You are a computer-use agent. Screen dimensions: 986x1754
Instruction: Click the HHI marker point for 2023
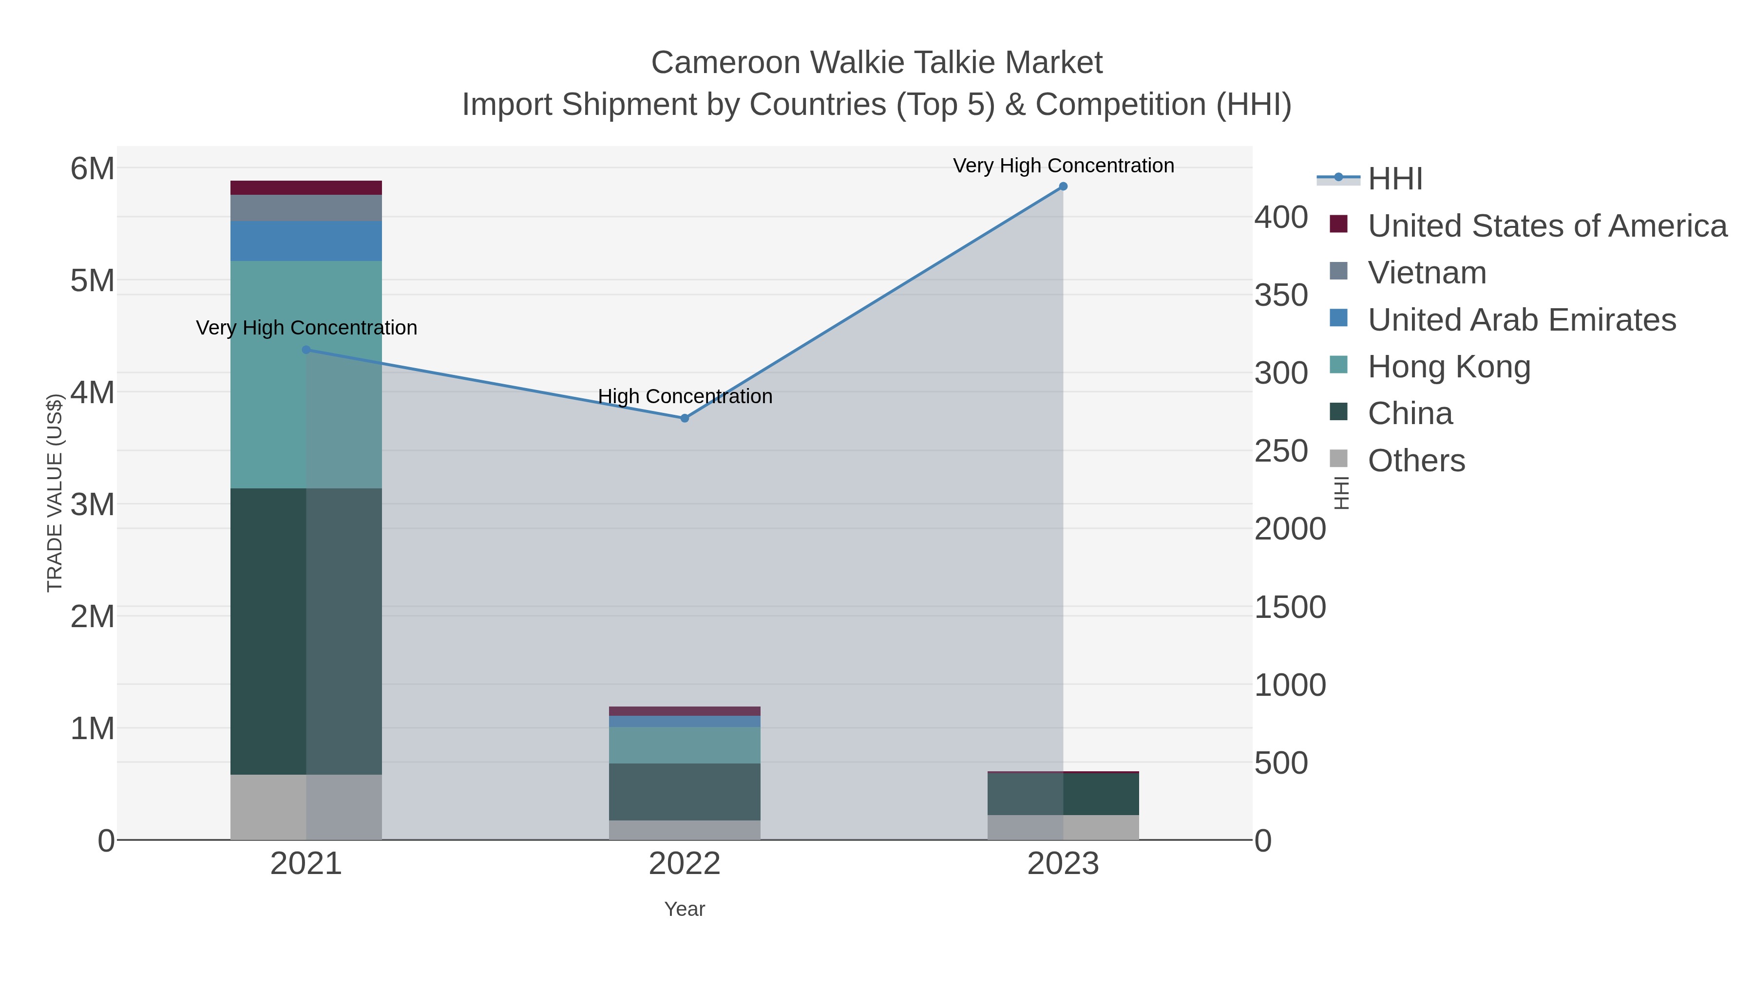click(1063, 186)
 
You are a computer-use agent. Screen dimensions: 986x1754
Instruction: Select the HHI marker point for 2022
click(685, 418)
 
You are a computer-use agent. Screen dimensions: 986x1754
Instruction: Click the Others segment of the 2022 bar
click(685, 830)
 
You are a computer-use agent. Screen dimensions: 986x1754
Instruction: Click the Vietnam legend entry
click(1427, 273)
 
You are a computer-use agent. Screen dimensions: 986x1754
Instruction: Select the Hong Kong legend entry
click(1449, 367)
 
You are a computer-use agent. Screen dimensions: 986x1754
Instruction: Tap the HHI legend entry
click(1394, 179)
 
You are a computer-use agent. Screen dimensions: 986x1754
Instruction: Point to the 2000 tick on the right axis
click(1290, 529)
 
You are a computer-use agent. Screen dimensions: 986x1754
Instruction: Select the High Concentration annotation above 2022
click(685, 396)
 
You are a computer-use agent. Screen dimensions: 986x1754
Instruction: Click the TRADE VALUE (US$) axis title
click(55, 493)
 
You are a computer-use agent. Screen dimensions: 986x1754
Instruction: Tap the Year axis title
click(685, 909)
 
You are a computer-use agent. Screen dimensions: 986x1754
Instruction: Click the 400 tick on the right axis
click(1281, 218)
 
